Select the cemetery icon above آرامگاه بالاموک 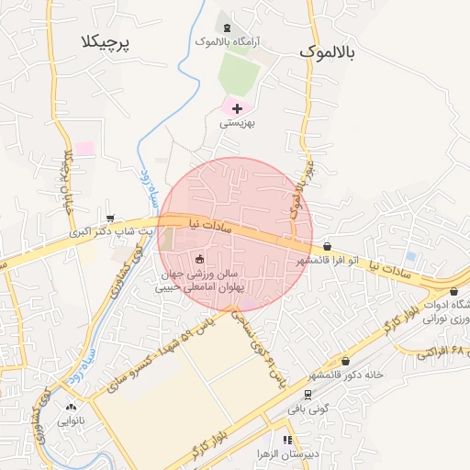[x=226, y=27]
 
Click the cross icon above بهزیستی [x=237, y=108]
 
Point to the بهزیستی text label [x=237, y=122]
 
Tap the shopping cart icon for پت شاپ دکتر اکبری [x=110, y=218]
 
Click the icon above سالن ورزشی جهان [x=199, y=259]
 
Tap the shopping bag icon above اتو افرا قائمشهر [x=328, y=246]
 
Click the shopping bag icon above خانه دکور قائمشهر [x=345, y=361]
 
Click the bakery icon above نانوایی [x=71, y=406]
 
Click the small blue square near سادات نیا [x=410, y=256]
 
